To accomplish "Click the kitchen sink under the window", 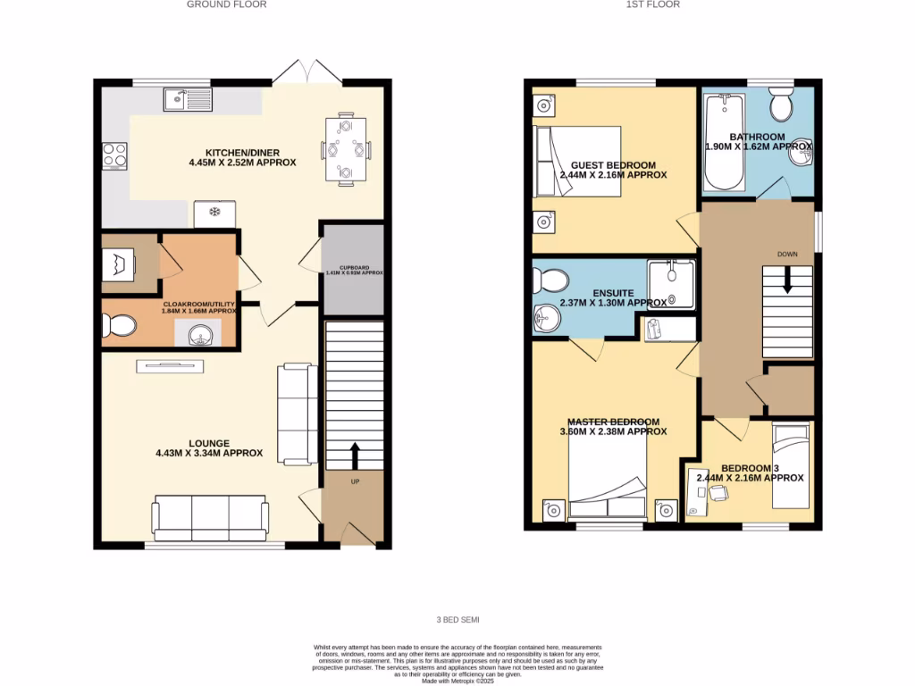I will [188, 98].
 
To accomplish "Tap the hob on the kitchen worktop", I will [115, 156].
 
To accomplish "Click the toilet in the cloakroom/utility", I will [119, 327].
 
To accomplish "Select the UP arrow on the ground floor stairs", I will [355, 456].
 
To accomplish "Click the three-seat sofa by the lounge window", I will [210, 515].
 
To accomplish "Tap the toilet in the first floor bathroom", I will [781, 106].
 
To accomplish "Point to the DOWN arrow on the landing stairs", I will [787, 281].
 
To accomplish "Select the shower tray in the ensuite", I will [671, 284].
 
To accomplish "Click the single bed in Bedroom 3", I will [792, 464].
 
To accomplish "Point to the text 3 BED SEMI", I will [457, 619].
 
